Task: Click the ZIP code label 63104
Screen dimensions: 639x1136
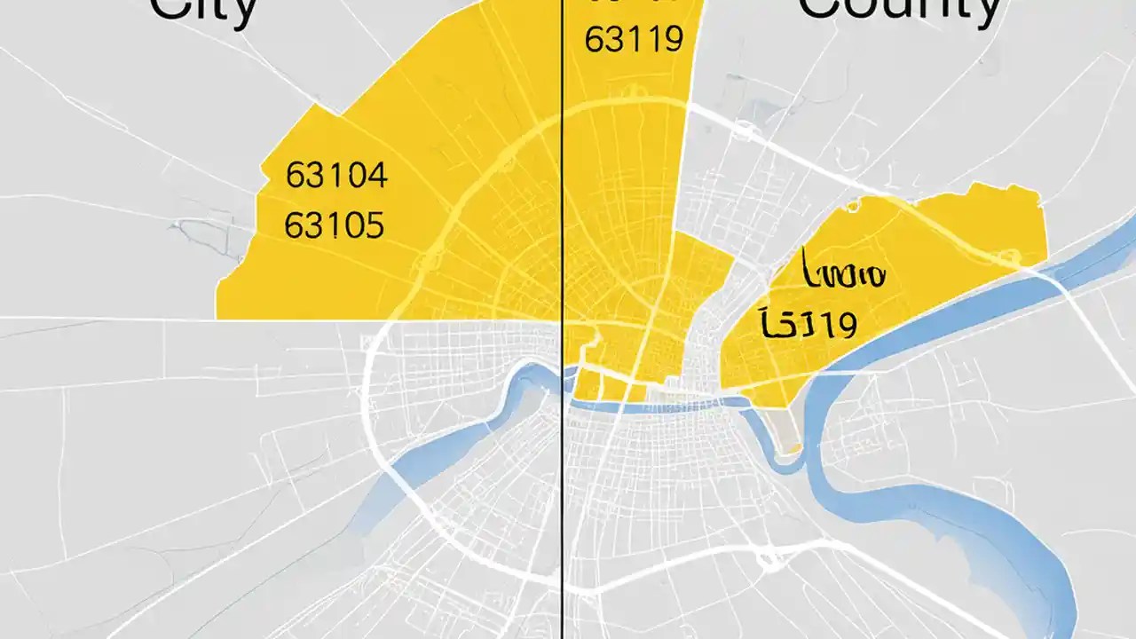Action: (336, 176)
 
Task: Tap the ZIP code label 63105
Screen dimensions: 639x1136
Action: (335, 225)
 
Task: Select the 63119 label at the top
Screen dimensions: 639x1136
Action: (635, 40)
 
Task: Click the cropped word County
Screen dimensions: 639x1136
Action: (901, 9)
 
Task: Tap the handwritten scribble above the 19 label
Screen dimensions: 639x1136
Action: (843, 274)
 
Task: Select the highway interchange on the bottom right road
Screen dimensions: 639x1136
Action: (769, 559)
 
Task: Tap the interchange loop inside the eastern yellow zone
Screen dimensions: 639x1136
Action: (1008, 257)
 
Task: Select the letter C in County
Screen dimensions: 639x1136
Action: (821, 9)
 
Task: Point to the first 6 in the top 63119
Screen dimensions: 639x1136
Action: (593, 40)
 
